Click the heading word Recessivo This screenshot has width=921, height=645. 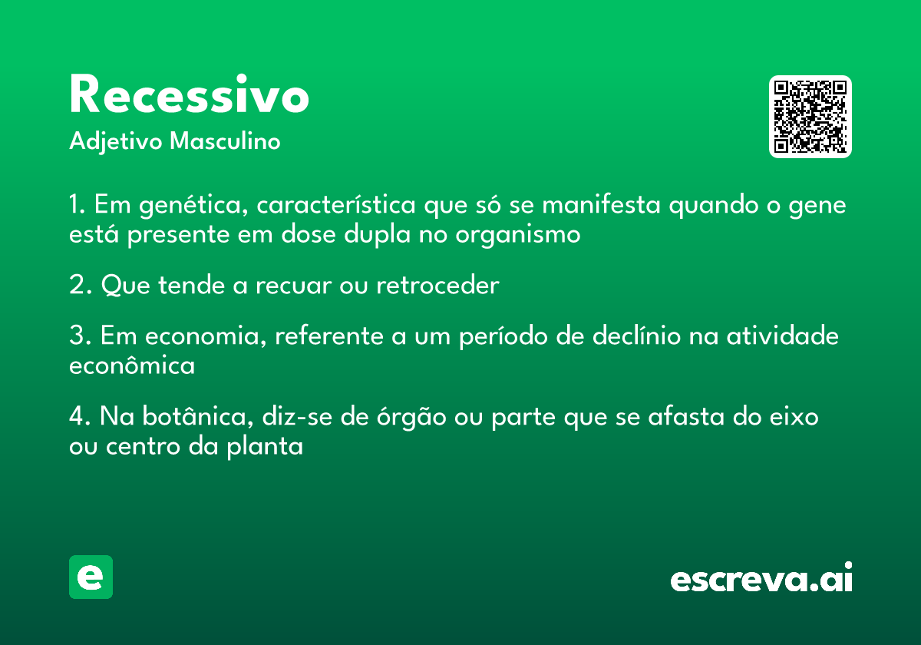(x=189, y=94)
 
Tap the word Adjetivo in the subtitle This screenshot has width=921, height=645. (x=116, y=142)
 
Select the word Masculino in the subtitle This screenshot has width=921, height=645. (x=225, y=141)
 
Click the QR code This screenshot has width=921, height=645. (x=810, y=117)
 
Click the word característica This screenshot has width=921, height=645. (x=336, y=204)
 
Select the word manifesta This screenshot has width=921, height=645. (x=601, y=204)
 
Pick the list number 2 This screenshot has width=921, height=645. (x=81, y=285)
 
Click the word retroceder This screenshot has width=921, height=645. (x=437, y=285)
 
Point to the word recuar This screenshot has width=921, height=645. (x=293, y=286)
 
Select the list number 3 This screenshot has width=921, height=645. (x=81, y=335)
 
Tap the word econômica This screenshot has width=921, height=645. (x=132, y=365)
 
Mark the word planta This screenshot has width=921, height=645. (x=266, y=447)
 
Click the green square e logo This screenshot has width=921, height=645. (x=91, y=577)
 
